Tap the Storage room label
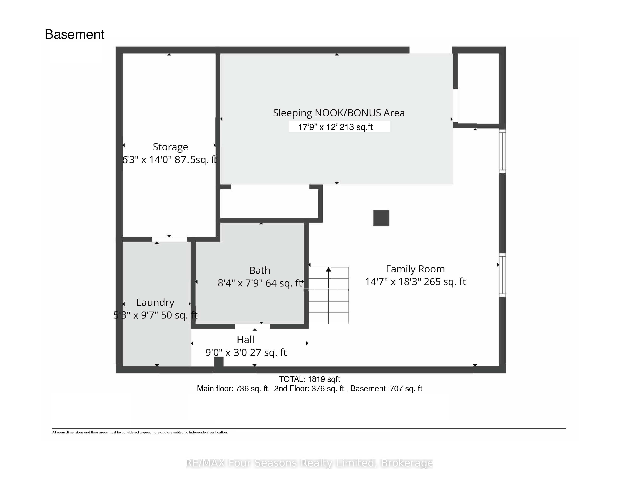point(170,147)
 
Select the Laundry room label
point(155,302)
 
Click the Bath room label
point(260,270)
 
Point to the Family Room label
point(415,269)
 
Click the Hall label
point(246,339)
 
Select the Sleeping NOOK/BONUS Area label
point(339,113)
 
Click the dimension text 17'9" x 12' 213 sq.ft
point(335,127)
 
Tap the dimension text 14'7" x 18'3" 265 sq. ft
point(415,282)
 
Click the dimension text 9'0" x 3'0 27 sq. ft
point(246,353)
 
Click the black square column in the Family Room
point(381,218)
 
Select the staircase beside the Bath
point(328,295)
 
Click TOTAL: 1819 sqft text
point(309,379)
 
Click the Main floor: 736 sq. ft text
point(232,389)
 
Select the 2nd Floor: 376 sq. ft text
point(309,389)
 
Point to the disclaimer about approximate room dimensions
point(140,432)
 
